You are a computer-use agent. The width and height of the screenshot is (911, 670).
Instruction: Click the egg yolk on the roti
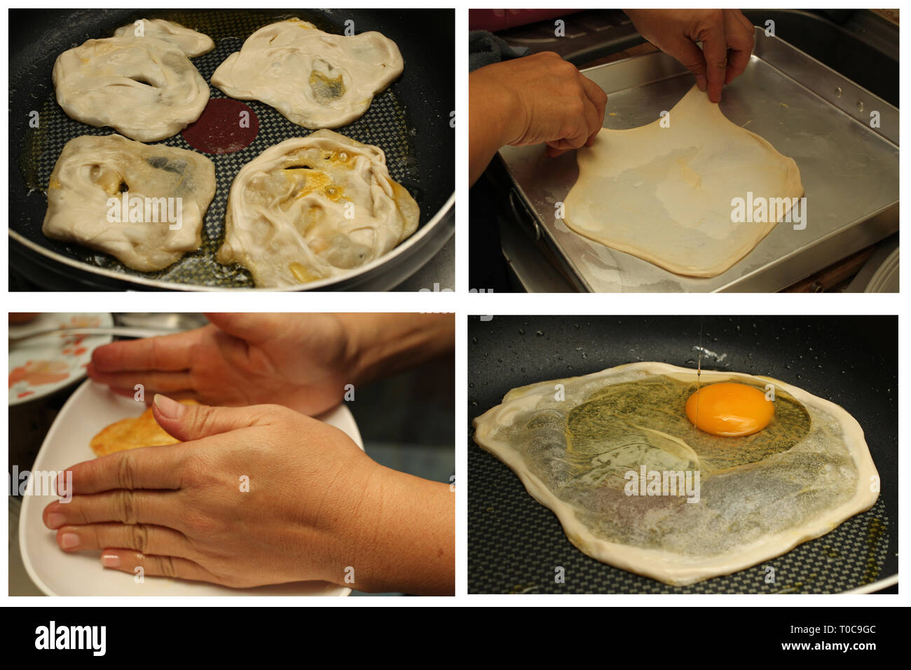[x=730, y=409]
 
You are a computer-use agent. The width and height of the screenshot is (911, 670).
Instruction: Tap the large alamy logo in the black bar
[x=70, y=638]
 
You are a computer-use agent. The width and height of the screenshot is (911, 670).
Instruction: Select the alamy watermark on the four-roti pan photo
[x=144, y=210]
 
